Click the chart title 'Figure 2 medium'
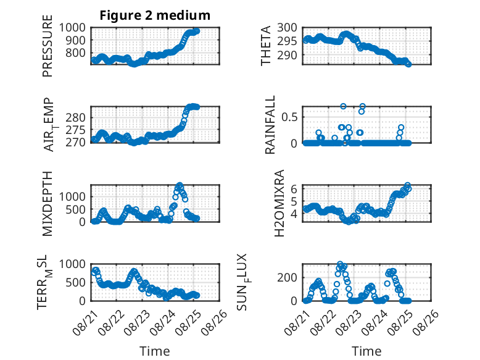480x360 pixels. [155, 15]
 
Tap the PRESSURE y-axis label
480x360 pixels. [48, 46]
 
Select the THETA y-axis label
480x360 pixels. [266, 46]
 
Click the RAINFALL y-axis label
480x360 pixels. [270, 125]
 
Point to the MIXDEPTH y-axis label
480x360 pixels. [48, 204]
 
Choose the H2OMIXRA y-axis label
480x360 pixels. [279, 203]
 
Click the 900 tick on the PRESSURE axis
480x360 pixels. [72, 40]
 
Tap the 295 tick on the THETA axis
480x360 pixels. [287, 41]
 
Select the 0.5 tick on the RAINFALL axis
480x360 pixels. [289, 117]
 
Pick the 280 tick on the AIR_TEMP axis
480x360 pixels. [75, 117]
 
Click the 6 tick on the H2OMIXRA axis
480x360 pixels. [294, 189]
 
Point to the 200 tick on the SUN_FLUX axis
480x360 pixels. [287, 278]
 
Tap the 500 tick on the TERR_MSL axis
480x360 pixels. [75, 282]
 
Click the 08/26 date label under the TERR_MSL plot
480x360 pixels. [215, 322]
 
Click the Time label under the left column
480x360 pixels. [155, 351]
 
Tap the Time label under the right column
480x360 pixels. [366, 351]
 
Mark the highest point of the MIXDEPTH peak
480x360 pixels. [180, 185]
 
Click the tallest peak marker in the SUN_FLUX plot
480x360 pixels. [340, 264]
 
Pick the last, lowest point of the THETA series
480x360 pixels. [408, 64]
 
